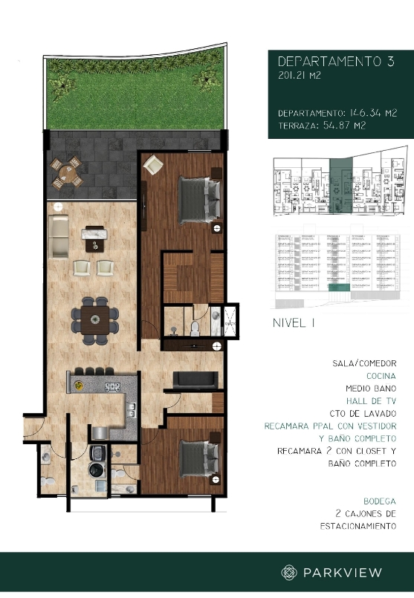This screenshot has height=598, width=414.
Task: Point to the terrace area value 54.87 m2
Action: coord(324,125)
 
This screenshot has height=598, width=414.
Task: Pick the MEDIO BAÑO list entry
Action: coord(369,389)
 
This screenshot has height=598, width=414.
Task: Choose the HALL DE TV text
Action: coord(369,401)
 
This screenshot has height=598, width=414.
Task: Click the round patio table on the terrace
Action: coord(68,173)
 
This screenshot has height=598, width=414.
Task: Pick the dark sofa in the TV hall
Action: coord(195,380)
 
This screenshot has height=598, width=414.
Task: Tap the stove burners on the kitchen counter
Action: coord(112,387)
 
